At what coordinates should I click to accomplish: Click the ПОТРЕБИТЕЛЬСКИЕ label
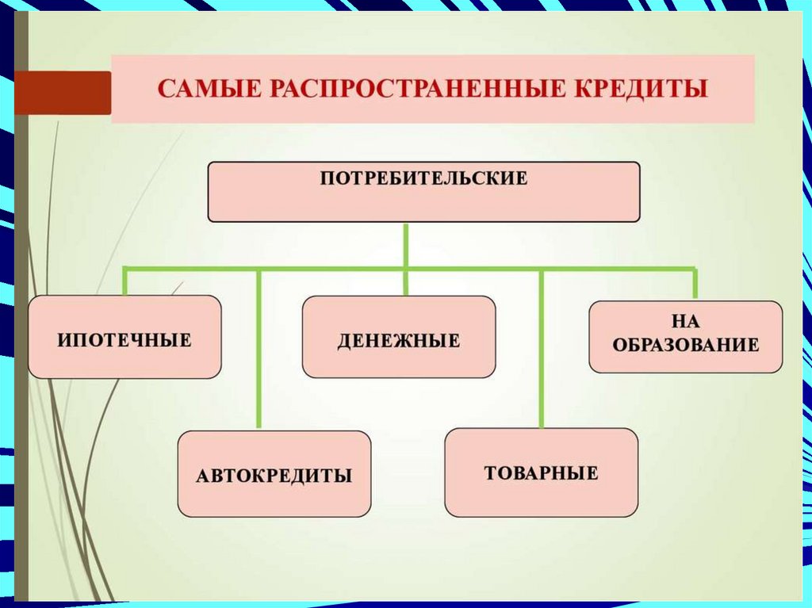point(423,178)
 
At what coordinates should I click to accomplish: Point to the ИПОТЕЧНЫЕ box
point(124,337)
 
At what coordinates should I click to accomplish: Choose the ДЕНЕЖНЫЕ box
point(399,337)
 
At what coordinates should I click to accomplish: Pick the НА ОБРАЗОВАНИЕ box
point(685,336)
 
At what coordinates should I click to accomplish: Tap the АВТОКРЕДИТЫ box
point(274,474)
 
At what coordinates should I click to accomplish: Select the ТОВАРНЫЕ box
point(541,472)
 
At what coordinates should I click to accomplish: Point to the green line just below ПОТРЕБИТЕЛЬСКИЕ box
point(406,244)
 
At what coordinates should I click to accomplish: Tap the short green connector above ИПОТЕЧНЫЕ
point(125,282)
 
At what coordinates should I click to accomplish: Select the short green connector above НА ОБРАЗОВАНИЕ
point(695,285)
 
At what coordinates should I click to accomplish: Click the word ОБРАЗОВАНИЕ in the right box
point(686,346)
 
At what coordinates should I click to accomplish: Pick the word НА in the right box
point(686,323)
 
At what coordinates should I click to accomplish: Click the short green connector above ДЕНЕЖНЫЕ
point(406,283)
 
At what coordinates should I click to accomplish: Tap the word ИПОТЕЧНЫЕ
point(124,341)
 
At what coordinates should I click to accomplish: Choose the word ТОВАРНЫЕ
point(541,474)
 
